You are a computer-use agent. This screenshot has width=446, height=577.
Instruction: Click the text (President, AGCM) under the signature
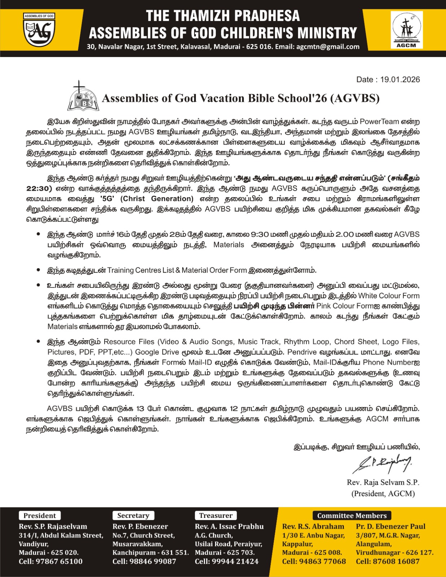click(x=383, y=493)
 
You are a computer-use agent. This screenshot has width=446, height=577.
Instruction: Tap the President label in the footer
click(x=40, y=516)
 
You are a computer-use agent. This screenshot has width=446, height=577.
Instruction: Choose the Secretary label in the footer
click(x=133, y=516)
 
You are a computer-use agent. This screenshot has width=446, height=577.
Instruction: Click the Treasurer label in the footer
click(x=216, y=516)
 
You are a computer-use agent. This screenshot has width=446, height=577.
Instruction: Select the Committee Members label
click(x=352, y=516)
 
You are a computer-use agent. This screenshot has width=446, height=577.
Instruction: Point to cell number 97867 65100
click(x=51, y=561)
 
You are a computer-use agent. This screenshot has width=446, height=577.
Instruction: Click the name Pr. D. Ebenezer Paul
click(x=390, y=527)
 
